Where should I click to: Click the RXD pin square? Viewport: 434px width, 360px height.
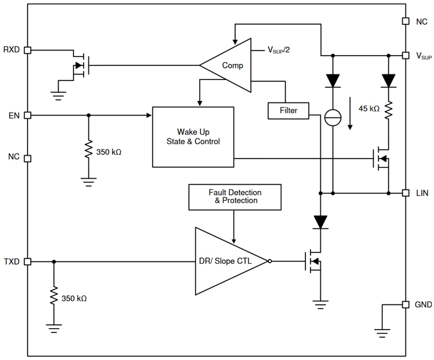[x=28, y=50]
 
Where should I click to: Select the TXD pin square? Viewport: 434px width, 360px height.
[x=28, y=261]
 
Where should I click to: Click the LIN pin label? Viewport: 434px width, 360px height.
[x=422, y=193]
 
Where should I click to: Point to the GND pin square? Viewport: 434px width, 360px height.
[x=406, y=304]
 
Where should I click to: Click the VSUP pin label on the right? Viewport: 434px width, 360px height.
[x=424, y=56]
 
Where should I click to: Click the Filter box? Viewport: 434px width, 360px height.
[x=288, y=111]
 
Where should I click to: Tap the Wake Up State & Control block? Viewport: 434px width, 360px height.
[x=193, y=136]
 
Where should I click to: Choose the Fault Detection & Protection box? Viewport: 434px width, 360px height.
[x=235, y=196]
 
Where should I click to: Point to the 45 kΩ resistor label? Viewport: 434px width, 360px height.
[x=369, y=108]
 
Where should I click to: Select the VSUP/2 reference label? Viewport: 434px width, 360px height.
[x=279, y=50]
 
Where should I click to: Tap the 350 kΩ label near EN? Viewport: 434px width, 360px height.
[x=108, y=152]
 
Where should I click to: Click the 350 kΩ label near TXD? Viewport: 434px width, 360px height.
[x=74, y=298]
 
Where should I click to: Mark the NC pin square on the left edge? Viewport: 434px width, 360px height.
[x=28, y=158]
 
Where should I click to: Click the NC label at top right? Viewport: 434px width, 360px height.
[x=421, y=22]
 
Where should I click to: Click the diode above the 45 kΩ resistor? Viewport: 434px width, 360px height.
[x=389, y=81]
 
